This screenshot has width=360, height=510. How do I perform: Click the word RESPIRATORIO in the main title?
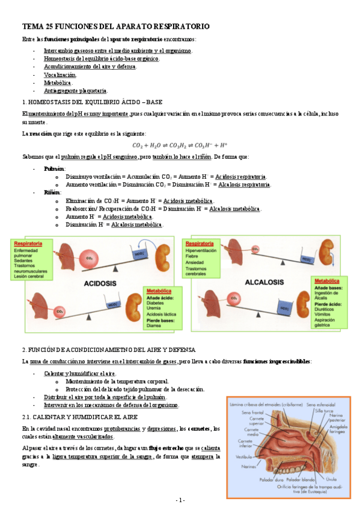coord(179,27)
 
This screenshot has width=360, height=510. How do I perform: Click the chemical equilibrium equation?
coord(180,145)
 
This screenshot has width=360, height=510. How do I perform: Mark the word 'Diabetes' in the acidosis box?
coord(156,303)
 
